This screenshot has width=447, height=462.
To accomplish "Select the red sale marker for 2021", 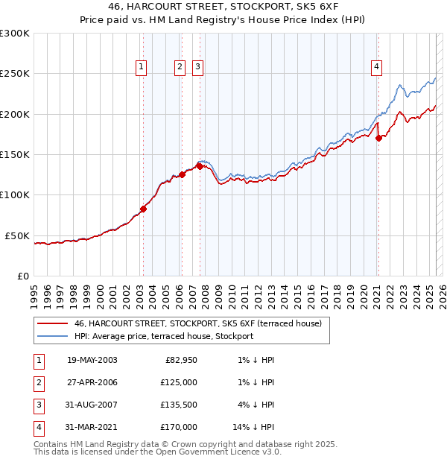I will pos(378,138).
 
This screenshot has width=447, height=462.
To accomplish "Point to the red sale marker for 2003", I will pos(143,209).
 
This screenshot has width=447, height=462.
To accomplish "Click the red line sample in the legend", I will pos(51,324).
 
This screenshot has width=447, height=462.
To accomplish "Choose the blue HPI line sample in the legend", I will pos(51,336).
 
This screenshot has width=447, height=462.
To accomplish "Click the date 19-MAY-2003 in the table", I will pos(92,360).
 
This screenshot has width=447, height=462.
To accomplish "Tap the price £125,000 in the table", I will pos(179,382).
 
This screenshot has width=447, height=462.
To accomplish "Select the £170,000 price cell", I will pos(179,427).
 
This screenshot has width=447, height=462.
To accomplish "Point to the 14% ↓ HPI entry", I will pos(253,427).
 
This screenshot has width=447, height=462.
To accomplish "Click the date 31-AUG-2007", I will pos(92,405).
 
